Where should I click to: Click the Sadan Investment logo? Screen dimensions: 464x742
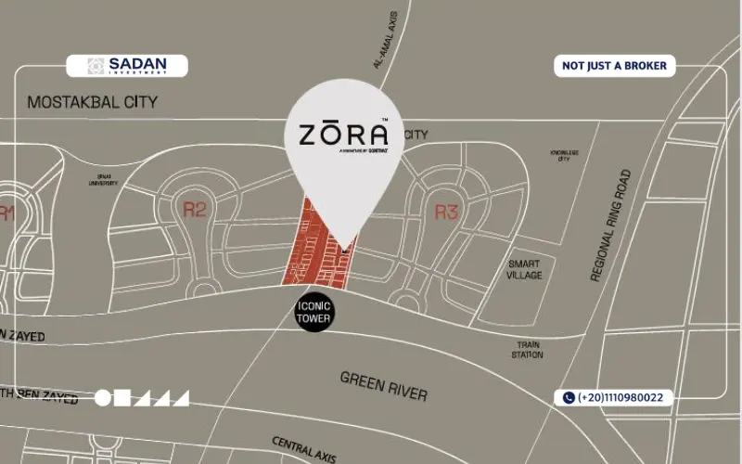coord(127,66)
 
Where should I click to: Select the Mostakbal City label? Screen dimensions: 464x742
coord(93,102)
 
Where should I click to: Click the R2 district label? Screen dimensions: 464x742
coord(194,210)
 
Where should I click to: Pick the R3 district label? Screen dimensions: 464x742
coord(447,213)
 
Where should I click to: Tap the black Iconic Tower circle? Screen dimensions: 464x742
coord(313,312)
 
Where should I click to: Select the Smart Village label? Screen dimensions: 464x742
coord(524,269)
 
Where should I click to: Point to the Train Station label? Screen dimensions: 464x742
coord(527,349)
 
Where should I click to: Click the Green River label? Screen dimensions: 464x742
coord(384,385)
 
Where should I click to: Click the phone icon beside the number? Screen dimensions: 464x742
coord(568,397)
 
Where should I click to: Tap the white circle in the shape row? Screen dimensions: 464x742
coord(102,398)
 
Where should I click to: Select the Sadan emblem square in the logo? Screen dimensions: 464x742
coord(96,66)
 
